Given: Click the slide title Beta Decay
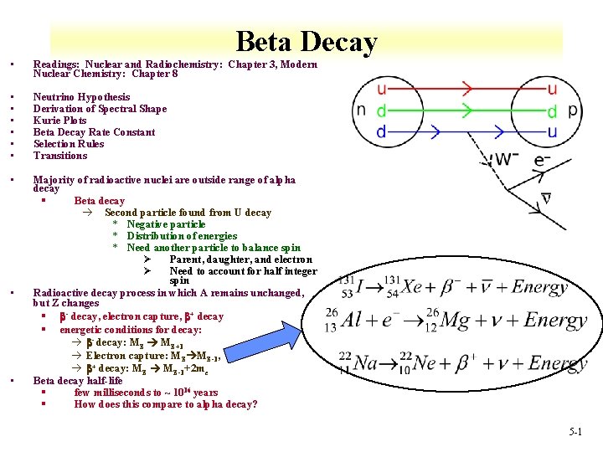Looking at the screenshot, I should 307,41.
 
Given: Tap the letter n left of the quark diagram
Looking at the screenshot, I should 361,110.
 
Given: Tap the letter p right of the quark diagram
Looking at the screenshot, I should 574,110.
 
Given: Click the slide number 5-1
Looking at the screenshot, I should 575,432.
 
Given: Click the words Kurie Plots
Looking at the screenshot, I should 60,121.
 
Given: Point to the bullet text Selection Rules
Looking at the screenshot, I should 69,144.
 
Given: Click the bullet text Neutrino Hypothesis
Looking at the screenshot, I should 81,97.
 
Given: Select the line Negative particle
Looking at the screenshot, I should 166,224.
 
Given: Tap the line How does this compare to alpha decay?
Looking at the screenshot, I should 166,404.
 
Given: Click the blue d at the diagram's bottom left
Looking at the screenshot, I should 381,132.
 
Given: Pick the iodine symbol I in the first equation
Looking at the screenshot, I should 361,287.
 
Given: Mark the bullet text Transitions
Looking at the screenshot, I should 60,156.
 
